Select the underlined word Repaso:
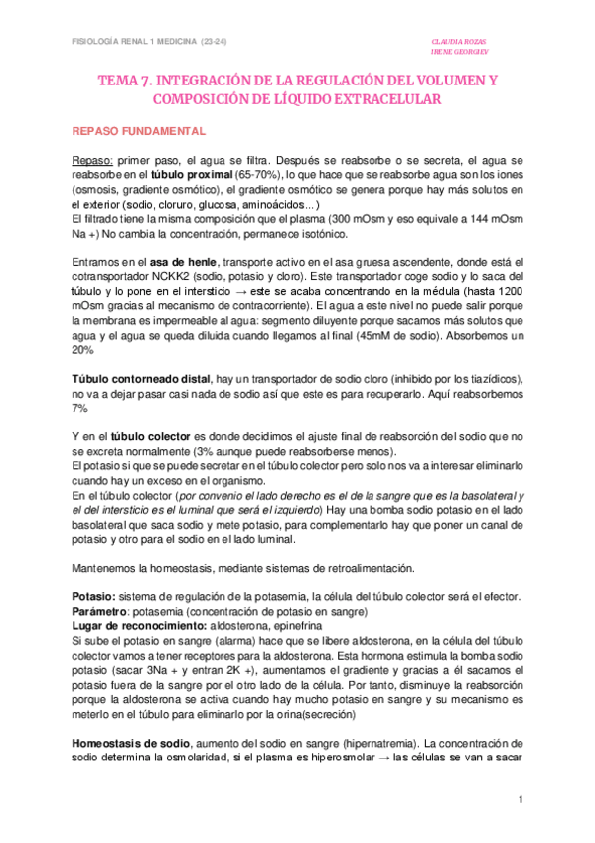(94, 160)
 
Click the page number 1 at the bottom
(519, 800)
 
